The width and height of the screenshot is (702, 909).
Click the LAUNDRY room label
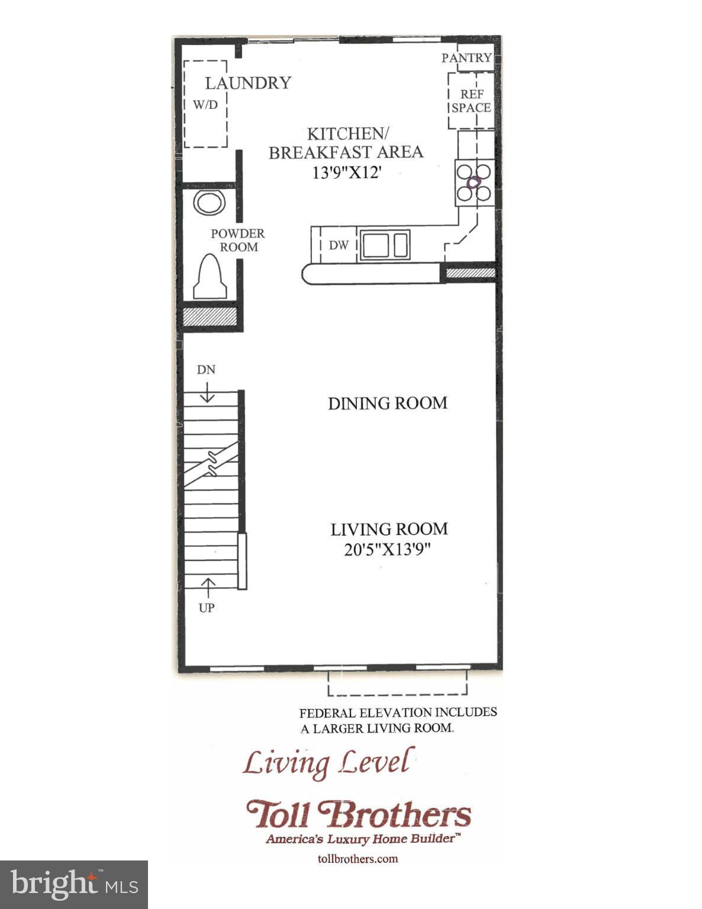tap(248, 83)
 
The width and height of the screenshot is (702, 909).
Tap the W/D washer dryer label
tap(205, 105)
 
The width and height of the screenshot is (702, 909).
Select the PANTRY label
tap(466, 57)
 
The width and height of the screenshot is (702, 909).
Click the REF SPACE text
tap(471, 101)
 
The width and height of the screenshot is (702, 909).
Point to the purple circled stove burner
tap(474, 182)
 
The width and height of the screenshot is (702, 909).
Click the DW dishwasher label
tap(339, 245)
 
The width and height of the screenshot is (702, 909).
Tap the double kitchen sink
tap(385, 244)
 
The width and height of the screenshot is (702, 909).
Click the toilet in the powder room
tap(210, 277)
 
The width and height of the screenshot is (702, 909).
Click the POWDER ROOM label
tap(238, 240)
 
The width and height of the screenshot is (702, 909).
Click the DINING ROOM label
tap(388, 403)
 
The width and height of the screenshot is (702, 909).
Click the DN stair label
tap(206, 370)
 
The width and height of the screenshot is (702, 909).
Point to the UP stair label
tap(206, 608)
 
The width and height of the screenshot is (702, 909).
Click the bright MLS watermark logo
tap(74, 885)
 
